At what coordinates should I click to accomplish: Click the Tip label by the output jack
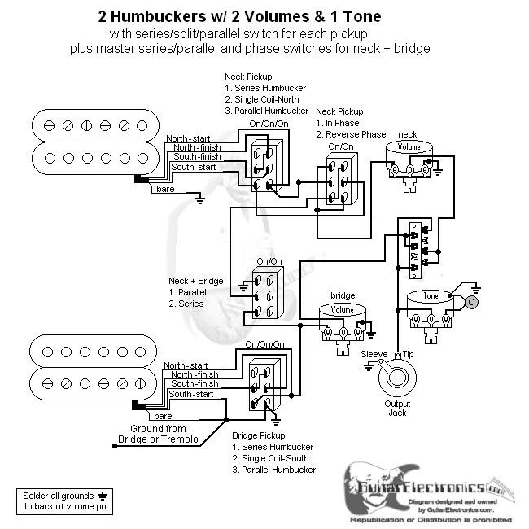(x=407, y=355)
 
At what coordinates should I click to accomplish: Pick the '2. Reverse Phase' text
(x=351, y=133)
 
